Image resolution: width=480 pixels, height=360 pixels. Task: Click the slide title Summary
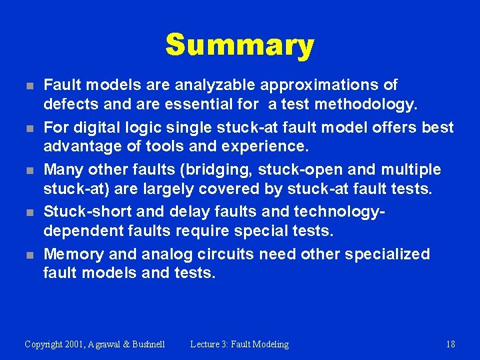coord(239,45)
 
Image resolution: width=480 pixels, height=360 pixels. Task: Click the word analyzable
coord(214,85)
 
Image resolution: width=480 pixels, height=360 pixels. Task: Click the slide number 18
coord(450,344)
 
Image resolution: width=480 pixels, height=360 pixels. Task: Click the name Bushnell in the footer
coord(145,344)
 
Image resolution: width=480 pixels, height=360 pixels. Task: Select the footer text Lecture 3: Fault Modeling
coord(239,344)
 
